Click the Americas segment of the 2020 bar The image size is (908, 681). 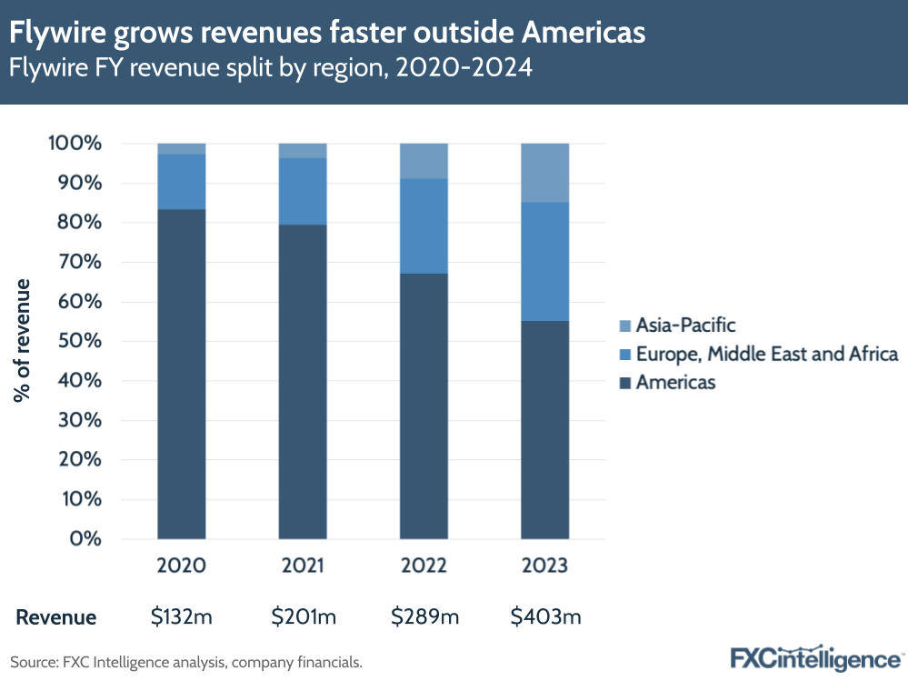(x=181, y=374)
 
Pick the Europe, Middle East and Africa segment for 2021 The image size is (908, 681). (x=302, y=191)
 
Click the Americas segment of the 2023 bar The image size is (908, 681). (x=544, y=429)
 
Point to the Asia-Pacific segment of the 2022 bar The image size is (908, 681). (x=424, y=161)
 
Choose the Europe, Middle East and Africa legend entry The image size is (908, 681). (x=759, y=354)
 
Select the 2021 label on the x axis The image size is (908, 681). (x=303, y=566)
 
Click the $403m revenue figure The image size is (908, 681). (x=545, y=617)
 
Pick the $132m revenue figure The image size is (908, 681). (x=181, y=617)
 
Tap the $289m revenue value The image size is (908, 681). (x=424, y=617)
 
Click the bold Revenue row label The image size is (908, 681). (x=55, y=617)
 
